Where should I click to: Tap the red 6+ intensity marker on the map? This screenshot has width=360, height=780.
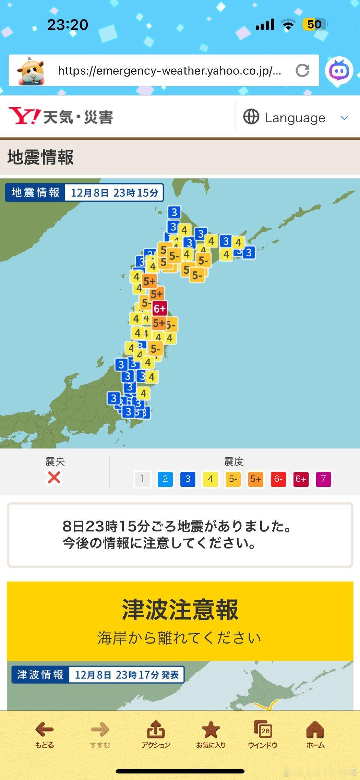159,308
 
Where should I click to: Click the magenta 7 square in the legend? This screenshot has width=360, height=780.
323,479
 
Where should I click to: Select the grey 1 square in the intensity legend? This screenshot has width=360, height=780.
142,479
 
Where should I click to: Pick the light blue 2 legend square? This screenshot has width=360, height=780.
165,479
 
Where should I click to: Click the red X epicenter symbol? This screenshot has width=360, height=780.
54,478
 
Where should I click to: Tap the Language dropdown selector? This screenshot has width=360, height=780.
295,118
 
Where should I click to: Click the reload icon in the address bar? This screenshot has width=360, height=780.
302,70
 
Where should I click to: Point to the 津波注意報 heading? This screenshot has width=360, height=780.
180,609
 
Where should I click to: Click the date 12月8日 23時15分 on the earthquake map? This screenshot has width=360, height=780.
114,193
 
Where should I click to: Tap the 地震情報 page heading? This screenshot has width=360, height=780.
40,157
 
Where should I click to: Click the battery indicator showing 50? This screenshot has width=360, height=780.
314,25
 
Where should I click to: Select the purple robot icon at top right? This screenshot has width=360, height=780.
339,70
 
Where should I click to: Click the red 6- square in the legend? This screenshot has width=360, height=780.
278,479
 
